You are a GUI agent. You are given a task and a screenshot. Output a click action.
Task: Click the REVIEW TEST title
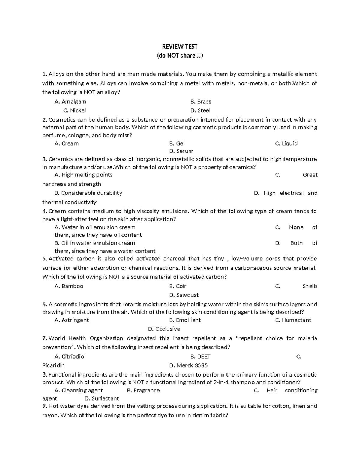coord(180,47)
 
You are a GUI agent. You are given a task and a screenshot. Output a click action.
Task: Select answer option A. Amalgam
coord(70,101)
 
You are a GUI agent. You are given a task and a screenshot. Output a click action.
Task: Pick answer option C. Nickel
coord(75,110)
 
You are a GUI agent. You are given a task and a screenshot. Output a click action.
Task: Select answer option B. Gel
coord(177,143)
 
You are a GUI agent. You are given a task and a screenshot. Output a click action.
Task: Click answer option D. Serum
coord(181,151)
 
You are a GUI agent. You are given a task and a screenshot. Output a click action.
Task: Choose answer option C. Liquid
coord(286,143)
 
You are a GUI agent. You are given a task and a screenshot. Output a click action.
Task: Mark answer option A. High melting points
coord(84,175)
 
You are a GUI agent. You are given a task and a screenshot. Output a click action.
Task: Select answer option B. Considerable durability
coord(88,193)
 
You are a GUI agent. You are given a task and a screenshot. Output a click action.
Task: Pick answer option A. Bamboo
coord(69,286)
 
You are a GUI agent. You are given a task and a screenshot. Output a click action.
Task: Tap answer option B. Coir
coord(178,286)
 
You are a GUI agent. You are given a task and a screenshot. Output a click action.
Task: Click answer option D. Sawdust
coord(184,295)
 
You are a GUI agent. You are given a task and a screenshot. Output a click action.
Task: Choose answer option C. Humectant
coord(293,320)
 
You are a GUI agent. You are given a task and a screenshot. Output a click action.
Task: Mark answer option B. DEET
coord(200,356)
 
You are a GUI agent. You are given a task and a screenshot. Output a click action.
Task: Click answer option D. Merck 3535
coord(188,365)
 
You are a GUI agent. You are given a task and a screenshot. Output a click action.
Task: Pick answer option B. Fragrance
coord(143,390)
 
